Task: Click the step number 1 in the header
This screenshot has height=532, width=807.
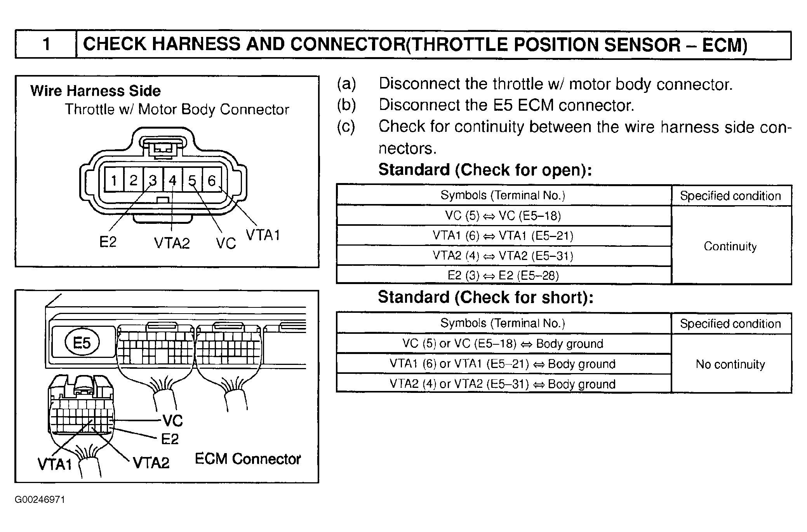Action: tap(47, 44)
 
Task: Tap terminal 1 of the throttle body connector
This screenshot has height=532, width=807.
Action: tap(114, 180)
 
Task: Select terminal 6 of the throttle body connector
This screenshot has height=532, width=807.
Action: tap(212, 180)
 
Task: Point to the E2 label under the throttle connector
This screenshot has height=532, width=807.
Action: tap(108, 242)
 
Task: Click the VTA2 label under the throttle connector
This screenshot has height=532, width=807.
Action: tap(172, 243)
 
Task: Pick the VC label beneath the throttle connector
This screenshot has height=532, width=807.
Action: tap(226, 244)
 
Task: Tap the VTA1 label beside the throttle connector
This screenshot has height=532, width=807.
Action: tap(263, 235)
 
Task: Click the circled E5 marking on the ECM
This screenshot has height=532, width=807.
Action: tap(82, 343)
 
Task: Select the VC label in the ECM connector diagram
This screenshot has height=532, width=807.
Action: tap(172, 420)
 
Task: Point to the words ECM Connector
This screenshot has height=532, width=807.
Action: tap(248, 459)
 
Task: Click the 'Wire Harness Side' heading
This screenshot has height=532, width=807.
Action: tap(96, 91)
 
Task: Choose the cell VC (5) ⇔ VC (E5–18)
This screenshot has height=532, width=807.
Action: tap(503, 216)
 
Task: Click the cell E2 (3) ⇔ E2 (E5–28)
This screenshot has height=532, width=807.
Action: tap(503, 276)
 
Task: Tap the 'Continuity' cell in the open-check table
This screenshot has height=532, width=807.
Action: tap(730, 246)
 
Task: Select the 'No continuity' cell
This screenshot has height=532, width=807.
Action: tap(730, 364)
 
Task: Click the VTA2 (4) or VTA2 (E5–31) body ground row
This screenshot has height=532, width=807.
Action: tap(503, 384)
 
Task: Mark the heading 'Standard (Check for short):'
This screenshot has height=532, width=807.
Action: tap(485, 297)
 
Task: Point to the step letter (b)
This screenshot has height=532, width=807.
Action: tap(346, 105)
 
